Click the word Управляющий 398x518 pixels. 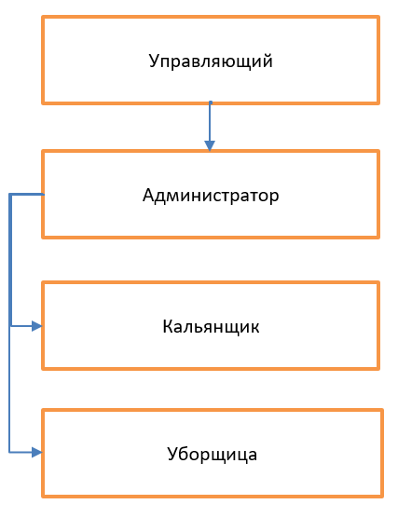(x=211, y=61)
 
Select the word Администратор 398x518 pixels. (x=211, y=196)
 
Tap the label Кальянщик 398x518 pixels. (x=211, y=327)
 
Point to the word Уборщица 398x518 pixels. (x=213, y=455)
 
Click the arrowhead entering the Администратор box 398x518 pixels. (x=210, y=145)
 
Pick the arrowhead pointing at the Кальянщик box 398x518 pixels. (x=36, y=326)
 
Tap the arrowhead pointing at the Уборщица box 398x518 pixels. (x=36, y=452)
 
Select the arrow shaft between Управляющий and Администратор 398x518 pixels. (x=210, y=121)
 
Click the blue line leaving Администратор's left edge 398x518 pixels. (x=26, y=194)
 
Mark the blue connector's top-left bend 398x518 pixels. (x=10, y=194)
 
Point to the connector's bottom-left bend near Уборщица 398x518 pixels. (x=9, y=452)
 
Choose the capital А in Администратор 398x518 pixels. (x=149, y=195)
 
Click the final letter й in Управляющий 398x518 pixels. (x=268, y=61)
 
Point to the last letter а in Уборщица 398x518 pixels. (x=253, y=456)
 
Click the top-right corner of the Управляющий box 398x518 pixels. (x=378, y=17)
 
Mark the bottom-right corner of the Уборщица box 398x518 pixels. (x=382, y=497)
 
